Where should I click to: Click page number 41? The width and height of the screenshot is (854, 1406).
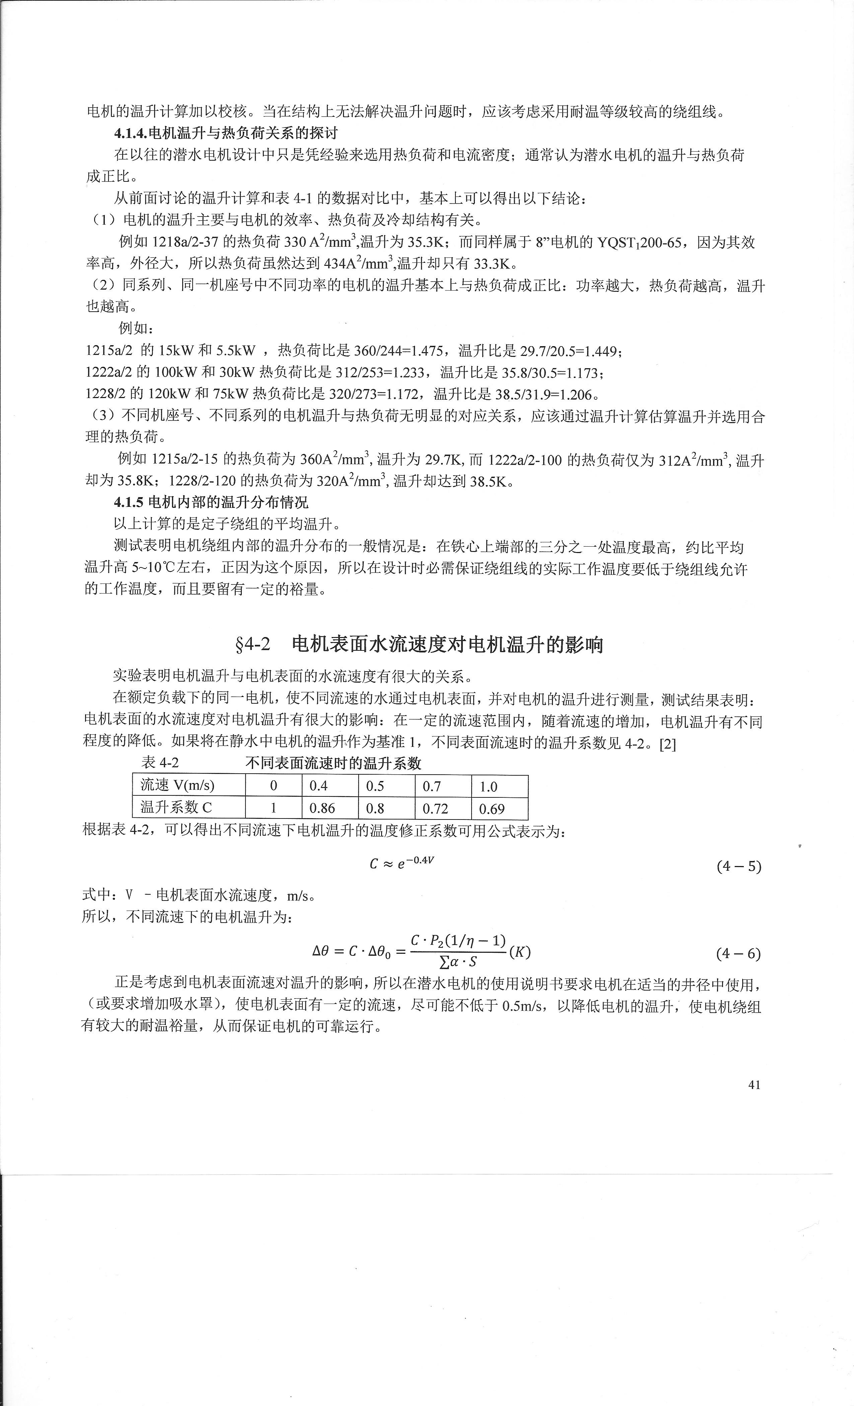[754, 1085]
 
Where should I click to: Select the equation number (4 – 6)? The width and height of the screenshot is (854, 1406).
[738, 953]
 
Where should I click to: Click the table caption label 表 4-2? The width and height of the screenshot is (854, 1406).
[160, 763]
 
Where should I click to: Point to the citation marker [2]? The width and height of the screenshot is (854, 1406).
[667, 744]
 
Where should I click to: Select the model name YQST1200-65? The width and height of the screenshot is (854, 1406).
[639, 242]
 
